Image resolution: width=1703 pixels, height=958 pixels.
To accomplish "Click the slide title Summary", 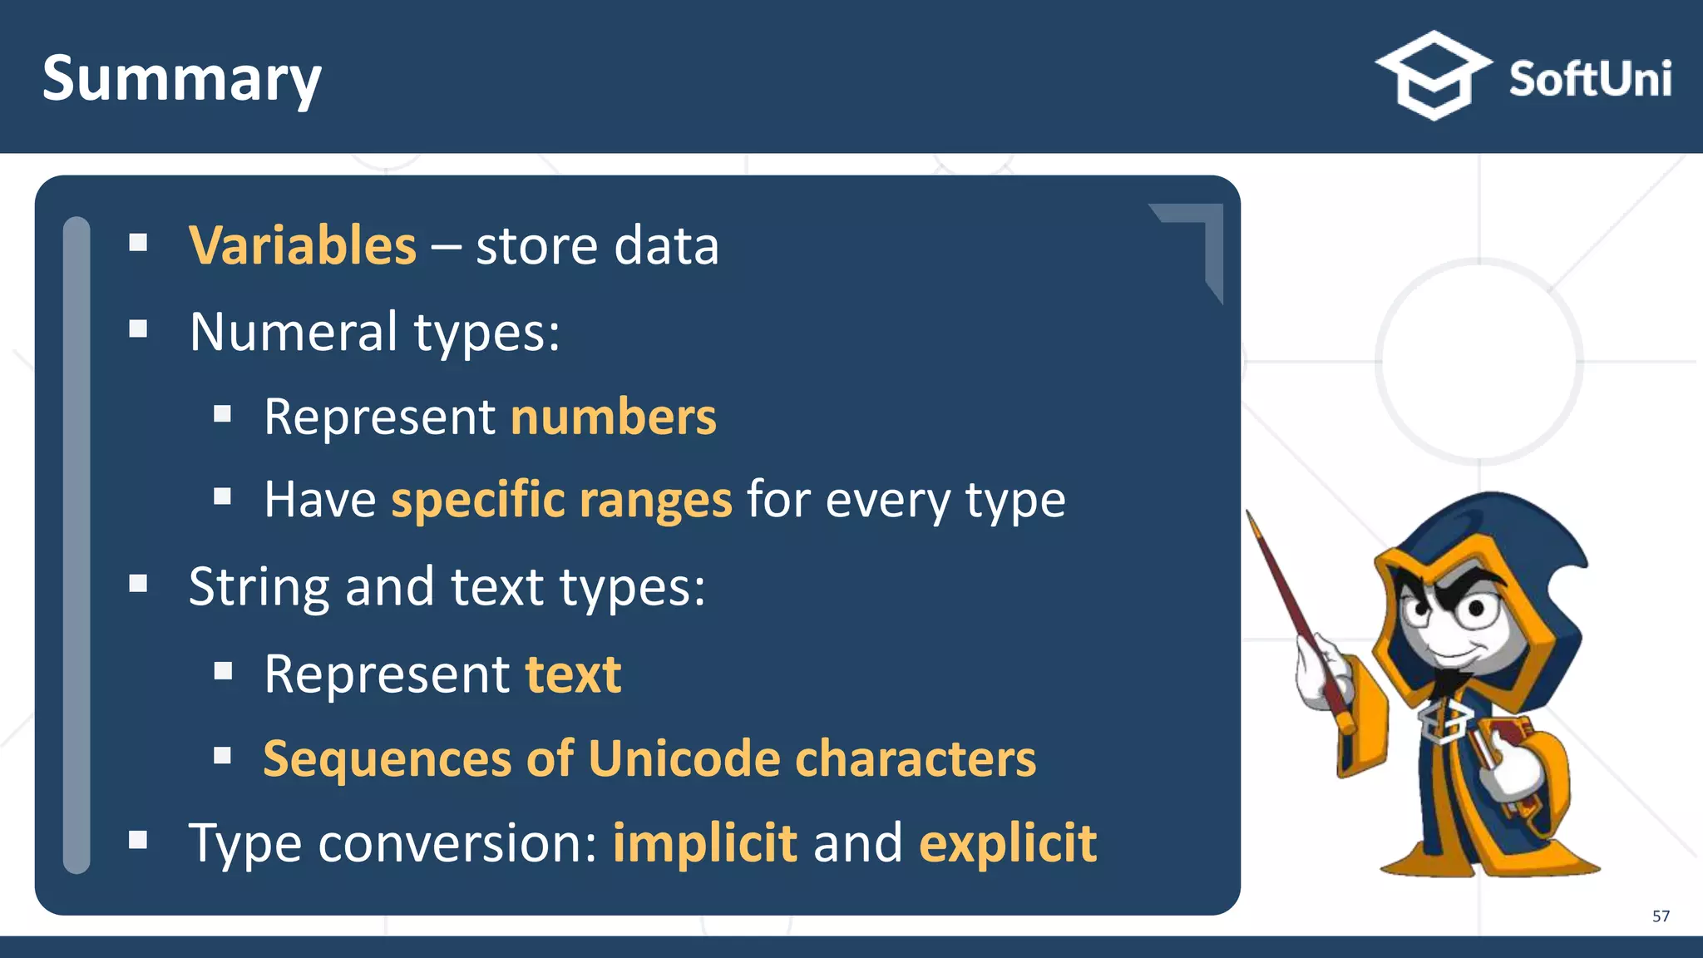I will pos(181,79).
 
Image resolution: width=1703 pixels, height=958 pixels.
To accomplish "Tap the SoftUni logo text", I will pos(1589,79).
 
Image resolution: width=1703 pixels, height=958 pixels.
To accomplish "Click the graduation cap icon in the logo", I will pos(1433,75).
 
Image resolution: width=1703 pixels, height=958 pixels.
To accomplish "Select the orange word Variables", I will pos(303,245).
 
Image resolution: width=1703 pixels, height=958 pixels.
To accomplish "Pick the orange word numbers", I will pos(613,417).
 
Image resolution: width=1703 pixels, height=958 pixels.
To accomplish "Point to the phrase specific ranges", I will pos(561,500).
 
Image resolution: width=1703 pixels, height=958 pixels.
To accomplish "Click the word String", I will pos(259,586).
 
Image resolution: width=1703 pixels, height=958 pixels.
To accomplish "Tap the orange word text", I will pos(573,674).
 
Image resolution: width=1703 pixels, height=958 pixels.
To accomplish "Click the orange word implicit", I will pos(704,843).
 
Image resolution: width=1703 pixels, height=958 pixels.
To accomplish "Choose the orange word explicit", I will pos(1007,843).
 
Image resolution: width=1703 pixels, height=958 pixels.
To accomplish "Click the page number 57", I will pos(1660,916).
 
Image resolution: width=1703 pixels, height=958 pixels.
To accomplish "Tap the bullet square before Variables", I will pos(138,243).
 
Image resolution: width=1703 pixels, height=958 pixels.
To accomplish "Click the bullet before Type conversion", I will pos(138,840).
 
